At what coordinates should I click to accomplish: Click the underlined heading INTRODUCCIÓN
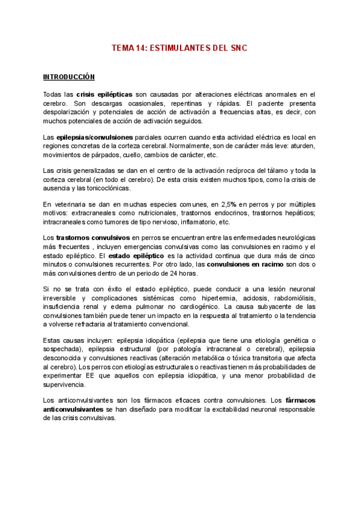(x=69, y=77)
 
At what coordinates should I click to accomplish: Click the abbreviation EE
(x=85, y=375)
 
